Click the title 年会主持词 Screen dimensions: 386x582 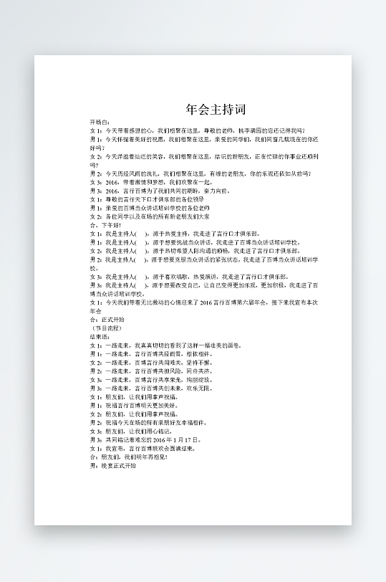(216, 110)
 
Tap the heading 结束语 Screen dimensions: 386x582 (100, 335)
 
